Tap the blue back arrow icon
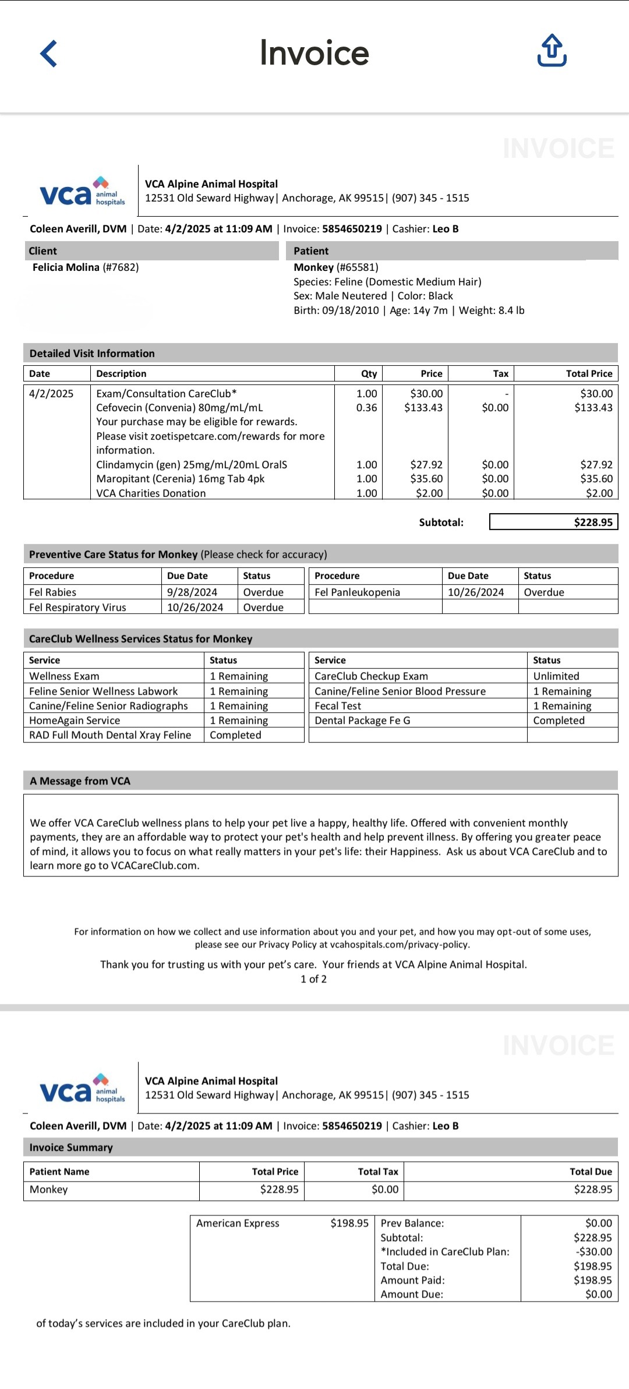pyautogui.click(x=49, y=54)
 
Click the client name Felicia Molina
pyautogui.click(x=66, y=267)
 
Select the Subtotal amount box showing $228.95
pyautogui.click(x=553, y=522)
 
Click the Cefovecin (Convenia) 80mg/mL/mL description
pyautogui.click(x=179, y=408)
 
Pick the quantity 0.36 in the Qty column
pyautogui.click(x=366, y=408)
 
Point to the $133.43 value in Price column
pyautogui.click(x=423, y=408)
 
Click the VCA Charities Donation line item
pyautogui.click(x=151, y=493)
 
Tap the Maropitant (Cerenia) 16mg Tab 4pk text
pyautogui.click(x=180, y=479)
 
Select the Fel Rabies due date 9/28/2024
pyautogui.click(x=192, y=592)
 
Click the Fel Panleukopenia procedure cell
pyautogui.click(x=357, y=592)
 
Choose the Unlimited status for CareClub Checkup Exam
pyautogui.click(x=556, y=676)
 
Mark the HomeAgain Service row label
pyautogui.click(x=75, y=720)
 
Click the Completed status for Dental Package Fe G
pyautogui.click(x=559, y=720)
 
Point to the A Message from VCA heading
pyautogui.click(x=80, y=781)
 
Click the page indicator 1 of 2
pyautogui.click(x=313, y=979)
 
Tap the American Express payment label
pyautogui.click(x=238, y=1223)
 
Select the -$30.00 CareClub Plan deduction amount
pyautogui.click(x=593, y=1252)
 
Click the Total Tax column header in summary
pyautogui.click(x=377, y=1171)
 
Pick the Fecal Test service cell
pyautogui.click(x=338, y=706)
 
